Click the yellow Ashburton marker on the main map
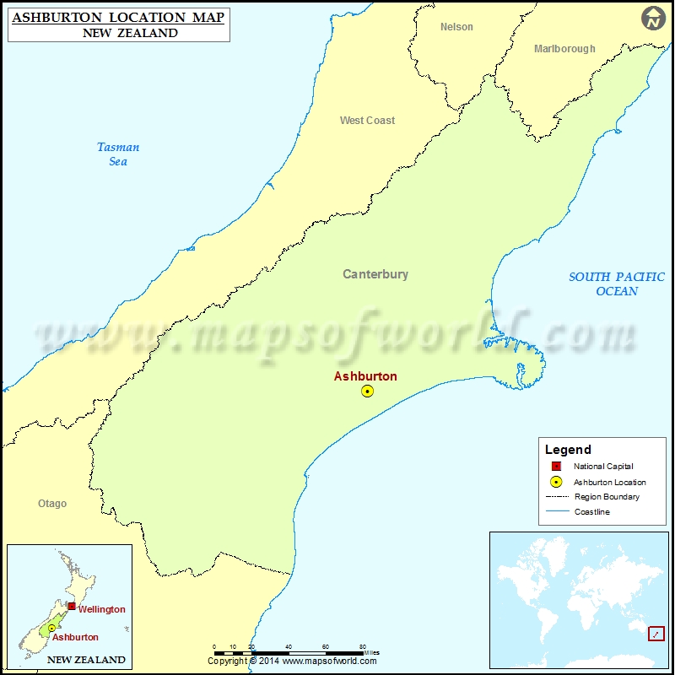tap(367, 391)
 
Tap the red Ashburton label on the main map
tap(365, 376)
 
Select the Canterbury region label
tap(375, 274)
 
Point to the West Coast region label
tap(367, 121)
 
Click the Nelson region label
tap(456, 27)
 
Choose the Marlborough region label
tap(564, 49)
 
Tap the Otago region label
tap(52, 504)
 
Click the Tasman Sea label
tap(118, 154)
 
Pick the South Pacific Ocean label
tap(617, 283)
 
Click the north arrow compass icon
tap(653, 18)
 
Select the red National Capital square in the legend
tap(556, 467)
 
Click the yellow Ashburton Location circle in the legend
tap(556, 482)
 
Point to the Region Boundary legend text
tap(607, 497)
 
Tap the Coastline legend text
tap(592, 512)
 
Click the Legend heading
tap(568, 450)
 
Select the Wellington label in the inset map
tap(101, 609)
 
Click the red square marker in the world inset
tap(656, 633)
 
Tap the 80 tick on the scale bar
tap(363, 646)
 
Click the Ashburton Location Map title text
tap(118, 17)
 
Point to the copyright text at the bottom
tap(293, 661)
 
